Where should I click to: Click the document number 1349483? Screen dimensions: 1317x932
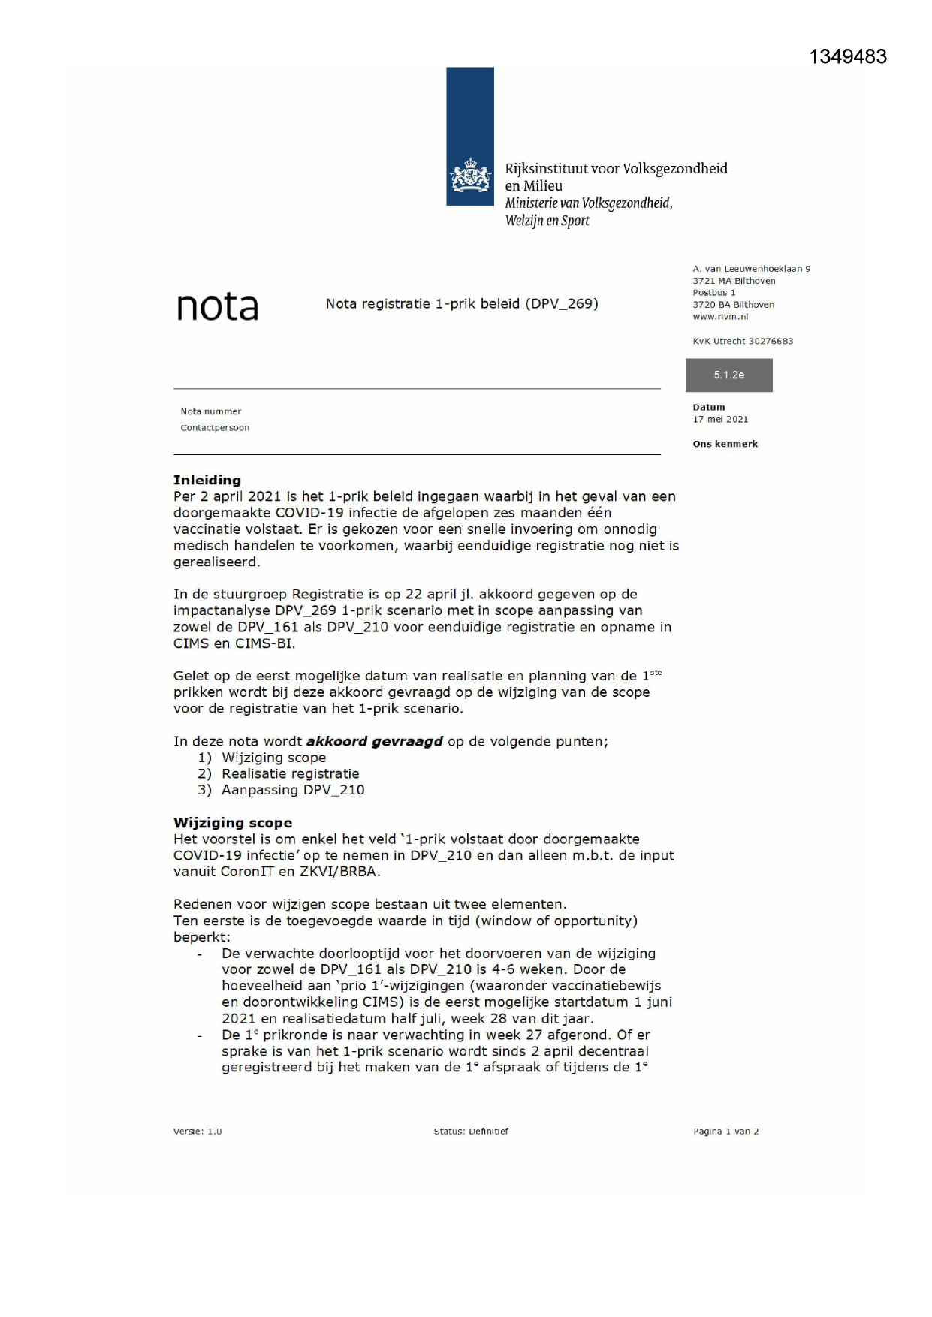tap(848, 57)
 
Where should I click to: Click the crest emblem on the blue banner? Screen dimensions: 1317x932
tap(470, 176)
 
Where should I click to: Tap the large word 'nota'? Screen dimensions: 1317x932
tap(218, 306)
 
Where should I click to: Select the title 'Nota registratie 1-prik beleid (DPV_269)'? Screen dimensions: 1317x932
tap(462, 304)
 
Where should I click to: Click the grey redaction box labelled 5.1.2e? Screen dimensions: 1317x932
tap(728, 375)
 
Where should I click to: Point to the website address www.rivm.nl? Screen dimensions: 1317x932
tap(720, 317)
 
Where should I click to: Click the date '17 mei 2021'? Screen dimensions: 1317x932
tap(720, 420)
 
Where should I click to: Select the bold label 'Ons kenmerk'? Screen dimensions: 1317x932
tap(725, 445)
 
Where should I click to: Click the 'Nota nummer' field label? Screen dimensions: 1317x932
tap(211, 411)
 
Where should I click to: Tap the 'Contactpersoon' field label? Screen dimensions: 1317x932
tap(215, 428)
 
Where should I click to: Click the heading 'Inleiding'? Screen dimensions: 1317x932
tap(207, 480)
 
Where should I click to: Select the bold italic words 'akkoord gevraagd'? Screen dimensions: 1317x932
tap(375, 742)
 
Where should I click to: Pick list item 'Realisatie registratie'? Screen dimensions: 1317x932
tap(290, 774)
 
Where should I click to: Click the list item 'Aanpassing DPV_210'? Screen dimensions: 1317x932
tap(293, 790)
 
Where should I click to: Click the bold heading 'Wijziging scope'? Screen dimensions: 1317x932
tap(233, 823)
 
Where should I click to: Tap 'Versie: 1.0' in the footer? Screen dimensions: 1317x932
tap(198, 1132)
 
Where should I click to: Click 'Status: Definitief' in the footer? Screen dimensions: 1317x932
tap(471, 1132)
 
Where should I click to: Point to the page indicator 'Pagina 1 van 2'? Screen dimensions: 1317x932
tap(725, 1132)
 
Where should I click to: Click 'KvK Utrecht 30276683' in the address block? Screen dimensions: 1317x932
tap(743, 342)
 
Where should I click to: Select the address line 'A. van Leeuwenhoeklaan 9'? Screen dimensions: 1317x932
tap(752, 269)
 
